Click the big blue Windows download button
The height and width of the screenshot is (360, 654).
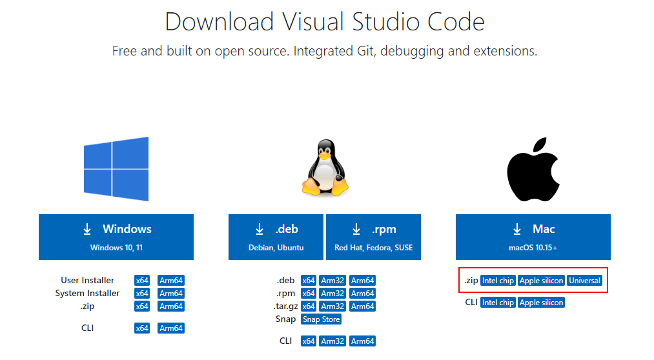coord(116,237)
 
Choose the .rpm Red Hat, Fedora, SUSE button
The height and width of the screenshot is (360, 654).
coord(373,237)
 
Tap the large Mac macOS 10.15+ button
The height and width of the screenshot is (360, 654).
coord(533,237)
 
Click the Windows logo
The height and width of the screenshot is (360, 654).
coord(116,169)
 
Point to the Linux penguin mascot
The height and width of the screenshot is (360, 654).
coord(325,168)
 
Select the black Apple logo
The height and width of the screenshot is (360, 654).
coord(533,169)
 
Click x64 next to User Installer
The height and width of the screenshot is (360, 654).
coord(142,281)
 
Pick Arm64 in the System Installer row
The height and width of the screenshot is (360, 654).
coord(171,294)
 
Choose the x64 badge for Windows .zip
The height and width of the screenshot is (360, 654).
coord(142,306)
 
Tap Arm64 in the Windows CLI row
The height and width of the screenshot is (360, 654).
coord(171,328)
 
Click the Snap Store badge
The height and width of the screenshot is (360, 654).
coord(321,319)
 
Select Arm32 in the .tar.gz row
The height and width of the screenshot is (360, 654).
coord(332,306)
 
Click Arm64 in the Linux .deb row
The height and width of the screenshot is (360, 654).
coord(362,281)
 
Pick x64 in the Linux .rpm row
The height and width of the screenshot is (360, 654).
coord(308,294)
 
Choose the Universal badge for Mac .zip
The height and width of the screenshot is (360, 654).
coord(584,281)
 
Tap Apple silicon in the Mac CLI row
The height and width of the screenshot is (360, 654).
coord(542,303)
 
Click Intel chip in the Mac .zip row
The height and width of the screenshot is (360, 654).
coord(498,281)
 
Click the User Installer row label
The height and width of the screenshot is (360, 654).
coord(88,281)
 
